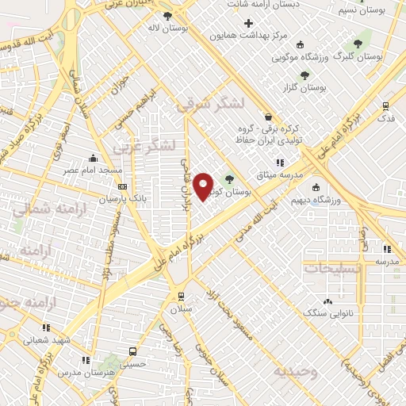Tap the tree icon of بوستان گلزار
[304, 75]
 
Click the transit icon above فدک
[386, 105]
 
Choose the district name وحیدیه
[296, 370]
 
